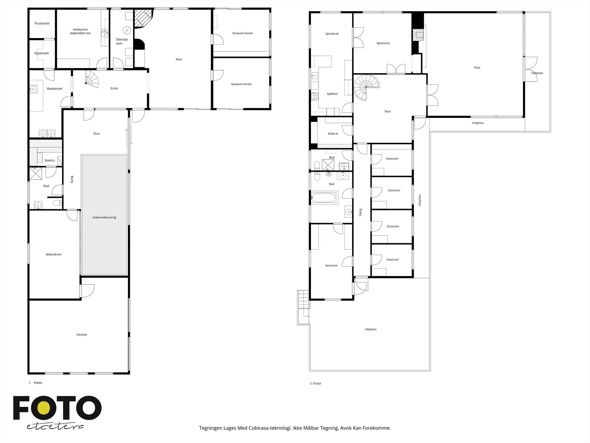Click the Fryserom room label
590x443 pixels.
pos(42,23)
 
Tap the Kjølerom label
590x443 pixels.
pos(42,53)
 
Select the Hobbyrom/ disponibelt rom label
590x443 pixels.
pos(80,31)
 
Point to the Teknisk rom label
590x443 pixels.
pos(122,41)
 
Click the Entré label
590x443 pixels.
pos(114,88)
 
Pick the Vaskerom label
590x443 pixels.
pos(54,89)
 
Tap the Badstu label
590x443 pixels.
pos(50,160)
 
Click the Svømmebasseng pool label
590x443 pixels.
pos(104,217)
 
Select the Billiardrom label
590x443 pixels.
pos(53,254)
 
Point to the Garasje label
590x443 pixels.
pos(82,334)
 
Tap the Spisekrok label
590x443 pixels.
pos(332,34)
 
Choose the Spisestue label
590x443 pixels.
pos(383,43)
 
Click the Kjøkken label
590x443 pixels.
pos(333,94)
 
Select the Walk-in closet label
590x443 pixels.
pos(333,134)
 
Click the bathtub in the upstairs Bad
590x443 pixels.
pos(324,198)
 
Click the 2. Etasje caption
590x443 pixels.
pos(315,383)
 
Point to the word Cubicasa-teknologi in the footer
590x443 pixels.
pos(270,427)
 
